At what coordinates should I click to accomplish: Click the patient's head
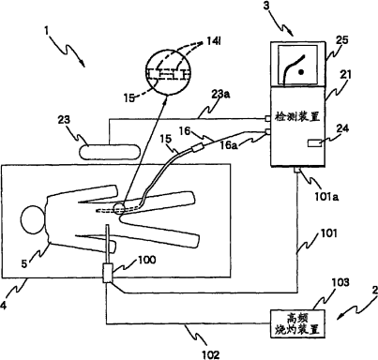pyautogui.click(x=32, y=218)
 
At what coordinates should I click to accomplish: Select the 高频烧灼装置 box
pyautogui.click(x=297, y=323)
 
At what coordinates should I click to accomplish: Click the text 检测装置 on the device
pyautogui.click(x=296, y=117)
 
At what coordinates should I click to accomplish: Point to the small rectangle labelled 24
pyautogui.click(x=315, y=143)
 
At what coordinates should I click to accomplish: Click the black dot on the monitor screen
pyautogui.click(x=301, y=72)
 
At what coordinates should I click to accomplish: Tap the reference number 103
pyautogui.click(x=340, y=282)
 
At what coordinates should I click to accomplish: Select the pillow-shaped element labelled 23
pyautogui.click(x=109, y=152)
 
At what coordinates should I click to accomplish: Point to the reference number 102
pyautogui.click(x=209, y=354)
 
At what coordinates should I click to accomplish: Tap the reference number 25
pyautogui.click(x=341, y=40)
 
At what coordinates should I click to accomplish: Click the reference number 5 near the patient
pyautogui.click(x=24, y=263)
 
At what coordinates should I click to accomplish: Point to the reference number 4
pyautogui.click(x=3, y=305)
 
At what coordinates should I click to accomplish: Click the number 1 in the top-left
pyautogui.click(x=47, y=32)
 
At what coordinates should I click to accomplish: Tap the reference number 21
pyautogui.click(x=345, y=74)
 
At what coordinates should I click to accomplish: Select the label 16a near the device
pyautogui.click(x=229, y=145)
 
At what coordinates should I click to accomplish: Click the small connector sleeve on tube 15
pyautogui.click(x=198, y=147)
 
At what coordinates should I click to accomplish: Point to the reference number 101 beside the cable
pyautogui.click(x=327, y=233)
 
